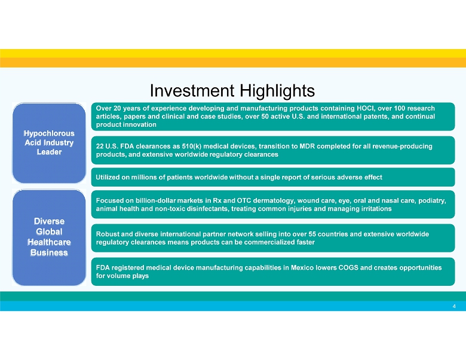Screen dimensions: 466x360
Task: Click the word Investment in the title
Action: pos(192,90)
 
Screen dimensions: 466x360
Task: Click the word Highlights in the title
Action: pos(277,91)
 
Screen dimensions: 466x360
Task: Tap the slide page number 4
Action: pos(454,306)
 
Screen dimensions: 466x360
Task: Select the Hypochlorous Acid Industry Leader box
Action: pos(49,143)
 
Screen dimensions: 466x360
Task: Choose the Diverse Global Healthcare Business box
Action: pos(49,237)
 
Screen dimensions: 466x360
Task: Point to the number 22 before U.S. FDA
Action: pos(100,147)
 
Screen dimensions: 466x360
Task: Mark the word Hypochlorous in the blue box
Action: pos(49,133)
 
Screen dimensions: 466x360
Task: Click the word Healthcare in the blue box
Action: pos(49,242)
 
